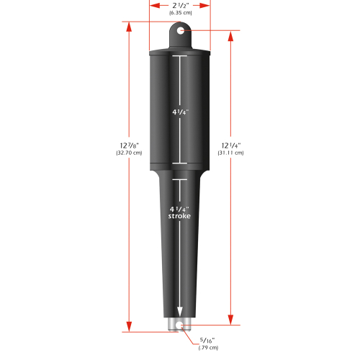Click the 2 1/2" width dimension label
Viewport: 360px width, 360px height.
(x=180, y=5)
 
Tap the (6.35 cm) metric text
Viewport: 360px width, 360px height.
(x=180, y=13)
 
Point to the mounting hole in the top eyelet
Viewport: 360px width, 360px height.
(x=180, y=31)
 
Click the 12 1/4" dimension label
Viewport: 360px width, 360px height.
(x=230, y=145)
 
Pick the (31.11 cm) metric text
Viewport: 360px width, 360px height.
(x=230, y=153)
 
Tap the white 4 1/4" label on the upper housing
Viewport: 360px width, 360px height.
(x=180, y=112)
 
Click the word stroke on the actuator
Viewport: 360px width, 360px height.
(x=180, y=216)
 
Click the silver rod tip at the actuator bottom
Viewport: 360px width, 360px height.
(x=180, y=325)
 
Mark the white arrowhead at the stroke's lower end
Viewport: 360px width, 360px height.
(x=180, y=315)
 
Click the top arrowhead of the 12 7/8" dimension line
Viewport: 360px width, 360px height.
(x=130, y=26)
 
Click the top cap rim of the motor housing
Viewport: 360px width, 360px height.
(x=180, y=53)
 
